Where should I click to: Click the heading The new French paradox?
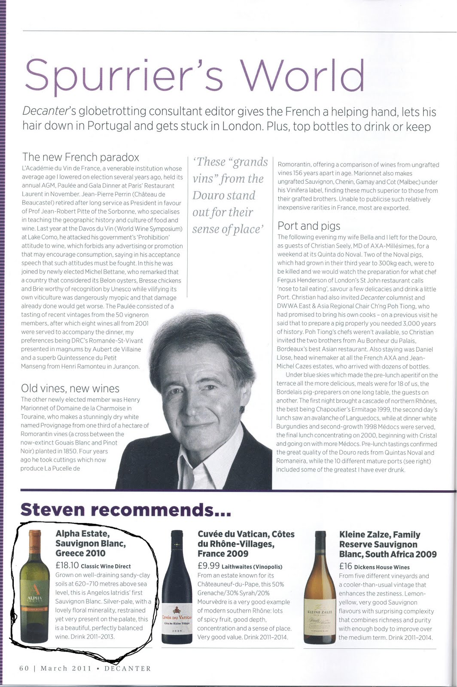coord(81,157)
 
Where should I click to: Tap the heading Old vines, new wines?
coord(70,388)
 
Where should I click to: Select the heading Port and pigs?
coord(309,226)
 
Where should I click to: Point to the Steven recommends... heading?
coord(125,510)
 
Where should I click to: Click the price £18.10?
coord(67,565)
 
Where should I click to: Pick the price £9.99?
coord(208,566)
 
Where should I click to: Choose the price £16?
coord(345,566)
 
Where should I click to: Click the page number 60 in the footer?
coord(24,668)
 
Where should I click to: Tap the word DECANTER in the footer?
coord(128,668)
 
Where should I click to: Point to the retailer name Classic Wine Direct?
coord(106,566)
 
